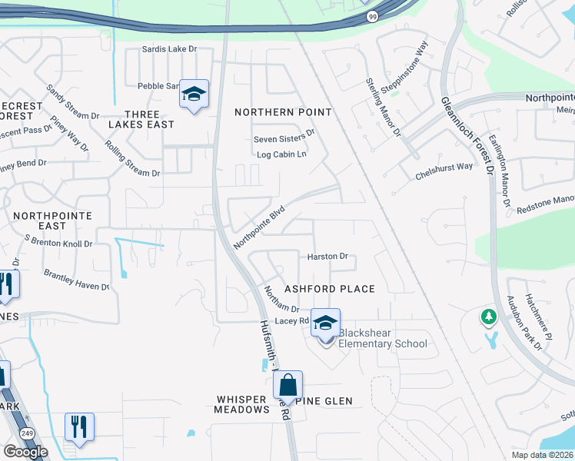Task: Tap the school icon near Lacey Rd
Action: [x=325, y=323]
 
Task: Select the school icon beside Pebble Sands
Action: [x=194, y=95]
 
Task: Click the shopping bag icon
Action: [x=287, y=386]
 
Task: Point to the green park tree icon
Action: [x=488, y=316]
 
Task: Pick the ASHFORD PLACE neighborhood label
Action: [x=330, y=289]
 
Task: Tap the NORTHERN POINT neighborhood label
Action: [x=283, y=112]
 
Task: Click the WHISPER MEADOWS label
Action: [x=241, y=404]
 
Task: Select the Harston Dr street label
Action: [x=327, y=257]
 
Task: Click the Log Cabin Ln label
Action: [x=281, y=154]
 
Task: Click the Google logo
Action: [x=25, y=452]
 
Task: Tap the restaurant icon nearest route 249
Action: [x=79, y=426]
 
